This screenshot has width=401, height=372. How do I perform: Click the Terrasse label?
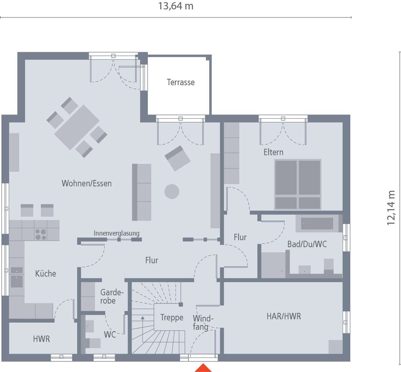[181, 82]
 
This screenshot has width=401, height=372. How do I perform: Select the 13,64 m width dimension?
[176, 6]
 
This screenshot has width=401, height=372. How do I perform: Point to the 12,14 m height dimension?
[391, 208]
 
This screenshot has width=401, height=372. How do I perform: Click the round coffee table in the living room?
[172, 191]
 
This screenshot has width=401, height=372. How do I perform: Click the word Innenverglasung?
[117, 233]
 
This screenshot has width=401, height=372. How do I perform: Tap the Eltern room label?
[273, 152]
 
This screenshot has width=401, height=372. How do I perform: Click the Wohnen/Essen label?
[86, 183]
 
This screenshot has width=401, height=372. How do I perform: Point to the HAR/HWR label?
[284, 317]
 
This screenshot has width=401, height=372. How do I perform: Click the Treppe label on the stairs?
[172, 317]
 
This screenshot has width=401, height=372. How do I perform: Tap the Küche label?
[46, 274]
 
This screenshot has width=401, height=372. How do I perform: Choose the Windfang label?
[203, 323]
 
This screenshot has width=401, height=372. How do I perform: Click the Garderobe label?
[112, 296]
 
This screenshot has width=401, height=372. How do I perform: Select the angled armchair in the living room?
[178, 158]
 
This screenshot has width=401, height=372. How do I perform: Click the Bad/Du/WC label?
[307, 244]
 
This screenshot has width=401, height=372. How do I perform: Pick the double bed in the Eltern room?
[298, 184]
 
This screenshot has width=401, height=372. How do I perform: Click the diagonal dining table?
[77, 127]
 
